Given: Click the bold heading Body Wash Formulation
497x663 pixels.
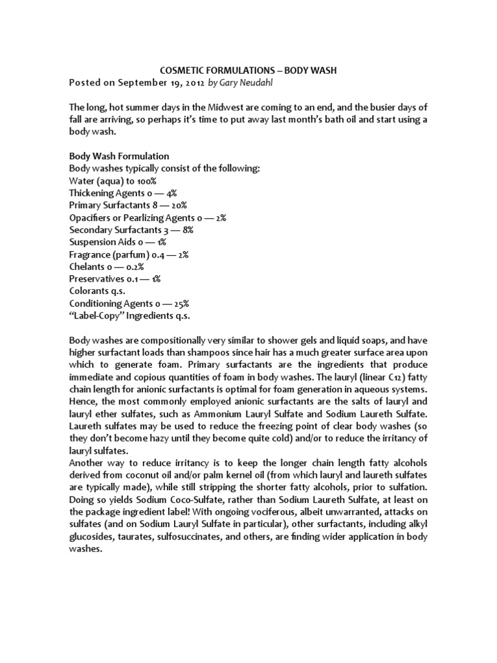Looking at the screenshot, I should [119, 156].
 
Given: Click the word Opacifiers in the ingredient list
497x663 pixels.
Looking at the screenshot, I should [91, 218].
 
